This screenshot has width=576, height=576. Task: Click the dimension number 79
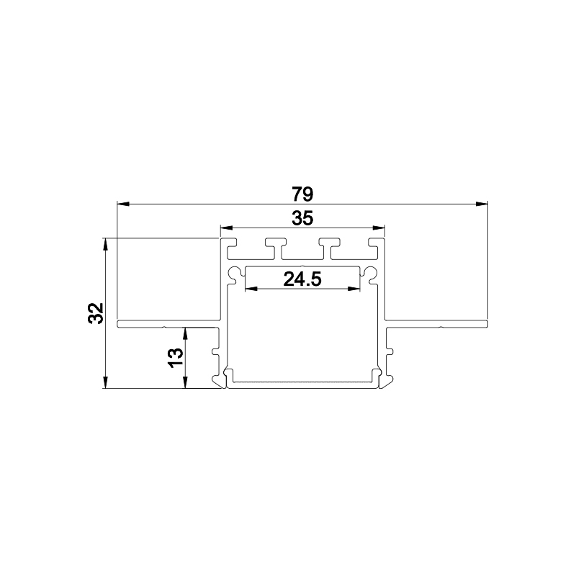point(302,194)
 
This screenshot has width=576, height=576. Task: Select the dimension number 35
point(302,219)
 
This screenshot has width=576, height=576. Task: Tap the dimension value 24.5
point(302,279)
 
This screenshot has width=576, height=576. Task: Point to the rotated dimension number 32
point(96,313)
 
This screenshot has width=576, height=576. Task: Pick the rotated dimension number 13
point(176,357)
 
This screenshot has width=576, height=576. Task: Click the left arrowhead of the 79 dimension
point(123,204)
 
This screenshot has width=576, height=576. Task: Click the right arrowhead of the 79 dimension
point(482,204)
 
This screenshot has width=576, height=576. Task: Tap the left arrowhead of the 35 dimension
point(227,228)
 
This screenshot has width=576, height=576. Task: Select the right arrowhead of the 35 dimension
point(379,228)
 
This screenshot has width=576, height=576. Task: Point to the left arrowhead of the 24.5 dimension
point(251,289)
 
